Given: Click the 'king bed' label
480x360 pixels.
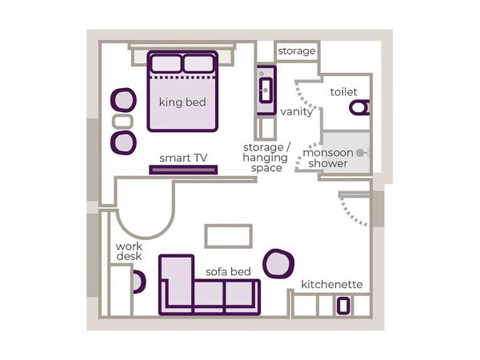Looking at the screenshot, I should [x=182, y=102].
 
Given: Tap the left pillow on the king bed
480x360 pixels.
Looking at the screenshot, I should [x=166, y=63].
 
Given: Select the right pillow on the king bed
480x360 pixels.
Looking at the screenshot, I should [x=198, y=63].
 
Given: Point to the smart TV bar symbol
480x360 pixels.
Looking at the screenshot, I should [x=183, y=169].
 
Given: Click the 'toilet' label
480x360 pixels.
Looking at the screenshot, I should [x=344, y=92].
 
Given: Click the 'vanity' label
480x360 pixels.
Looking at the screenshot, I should [x=297, y=112].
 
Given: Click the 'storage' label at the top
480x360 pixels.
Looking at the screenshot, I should [x=297, y=51].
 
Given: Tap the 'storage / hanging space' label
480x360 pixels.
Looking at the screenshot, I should [x=266, y=158].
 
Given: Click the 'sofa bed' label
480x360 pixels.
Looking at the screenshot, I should [x=228, y=272].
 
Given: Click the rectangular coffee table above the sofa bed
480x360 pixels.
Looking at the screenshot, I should [x=229, y=236].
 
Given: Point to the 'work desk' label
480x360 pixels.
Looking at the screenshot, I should [x=129, y=251].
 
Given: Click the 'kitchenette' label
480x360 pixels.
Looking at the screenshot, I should [x=332, y=285].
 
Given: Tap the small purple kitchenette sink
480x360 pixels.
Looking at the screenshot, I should [x=343, y=305].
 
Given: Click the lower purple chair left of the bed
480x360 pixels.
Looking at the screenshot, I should [x=123, y=142].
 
